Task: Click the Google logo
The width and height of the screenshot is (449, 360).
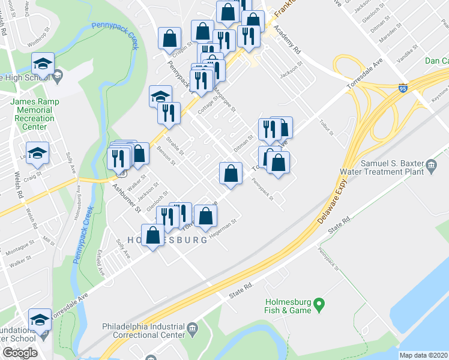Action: click(20, 353)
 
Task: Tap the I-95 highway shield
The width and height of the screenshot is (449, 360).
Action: click(403, 88)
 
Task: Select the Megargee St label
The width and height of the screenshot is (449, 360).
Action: click(226, 97)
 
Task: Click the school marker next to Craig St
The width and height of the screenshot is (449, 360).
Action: click(37, 154)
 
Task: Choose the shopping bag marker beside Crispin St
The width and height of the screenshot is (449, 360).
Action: click(170, 38)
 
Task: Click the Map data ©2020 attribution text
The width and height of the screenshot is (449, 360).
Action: click(423, 355)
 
